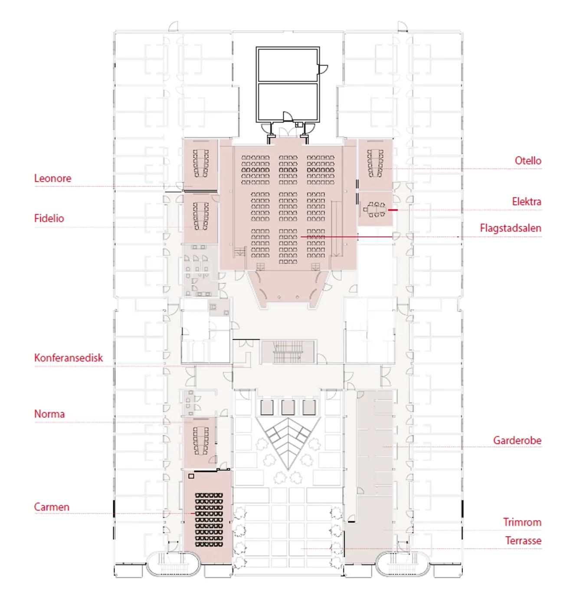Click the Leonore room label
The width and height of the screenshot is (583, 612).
(52, 179)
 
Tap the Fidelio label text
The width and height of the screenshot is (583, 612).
(49, 218)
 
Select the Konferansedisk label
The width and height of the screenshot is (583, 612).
(69, 358)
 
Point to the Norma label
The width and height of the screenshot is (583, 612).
(49, 414)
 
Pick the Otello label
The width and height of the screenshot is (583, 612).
(528, 161)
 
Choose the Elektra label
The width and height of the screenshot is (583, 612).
(527, 202)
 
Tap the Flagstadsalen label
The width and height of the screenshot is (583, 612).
(511, 228)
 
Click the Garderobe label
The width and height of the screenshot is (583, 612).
(517, 440)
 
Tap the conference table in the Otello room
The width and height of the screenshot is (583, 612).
(375, 163)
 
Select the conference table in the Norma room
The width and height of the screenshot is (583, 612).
(201, 440)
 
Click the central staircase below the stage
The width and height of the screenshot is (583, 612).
(288, 352)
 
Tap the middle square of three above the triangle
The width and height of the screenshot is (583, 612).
(288, 407)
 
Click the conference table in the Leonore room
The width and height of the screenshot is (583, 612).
(201, 163)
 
